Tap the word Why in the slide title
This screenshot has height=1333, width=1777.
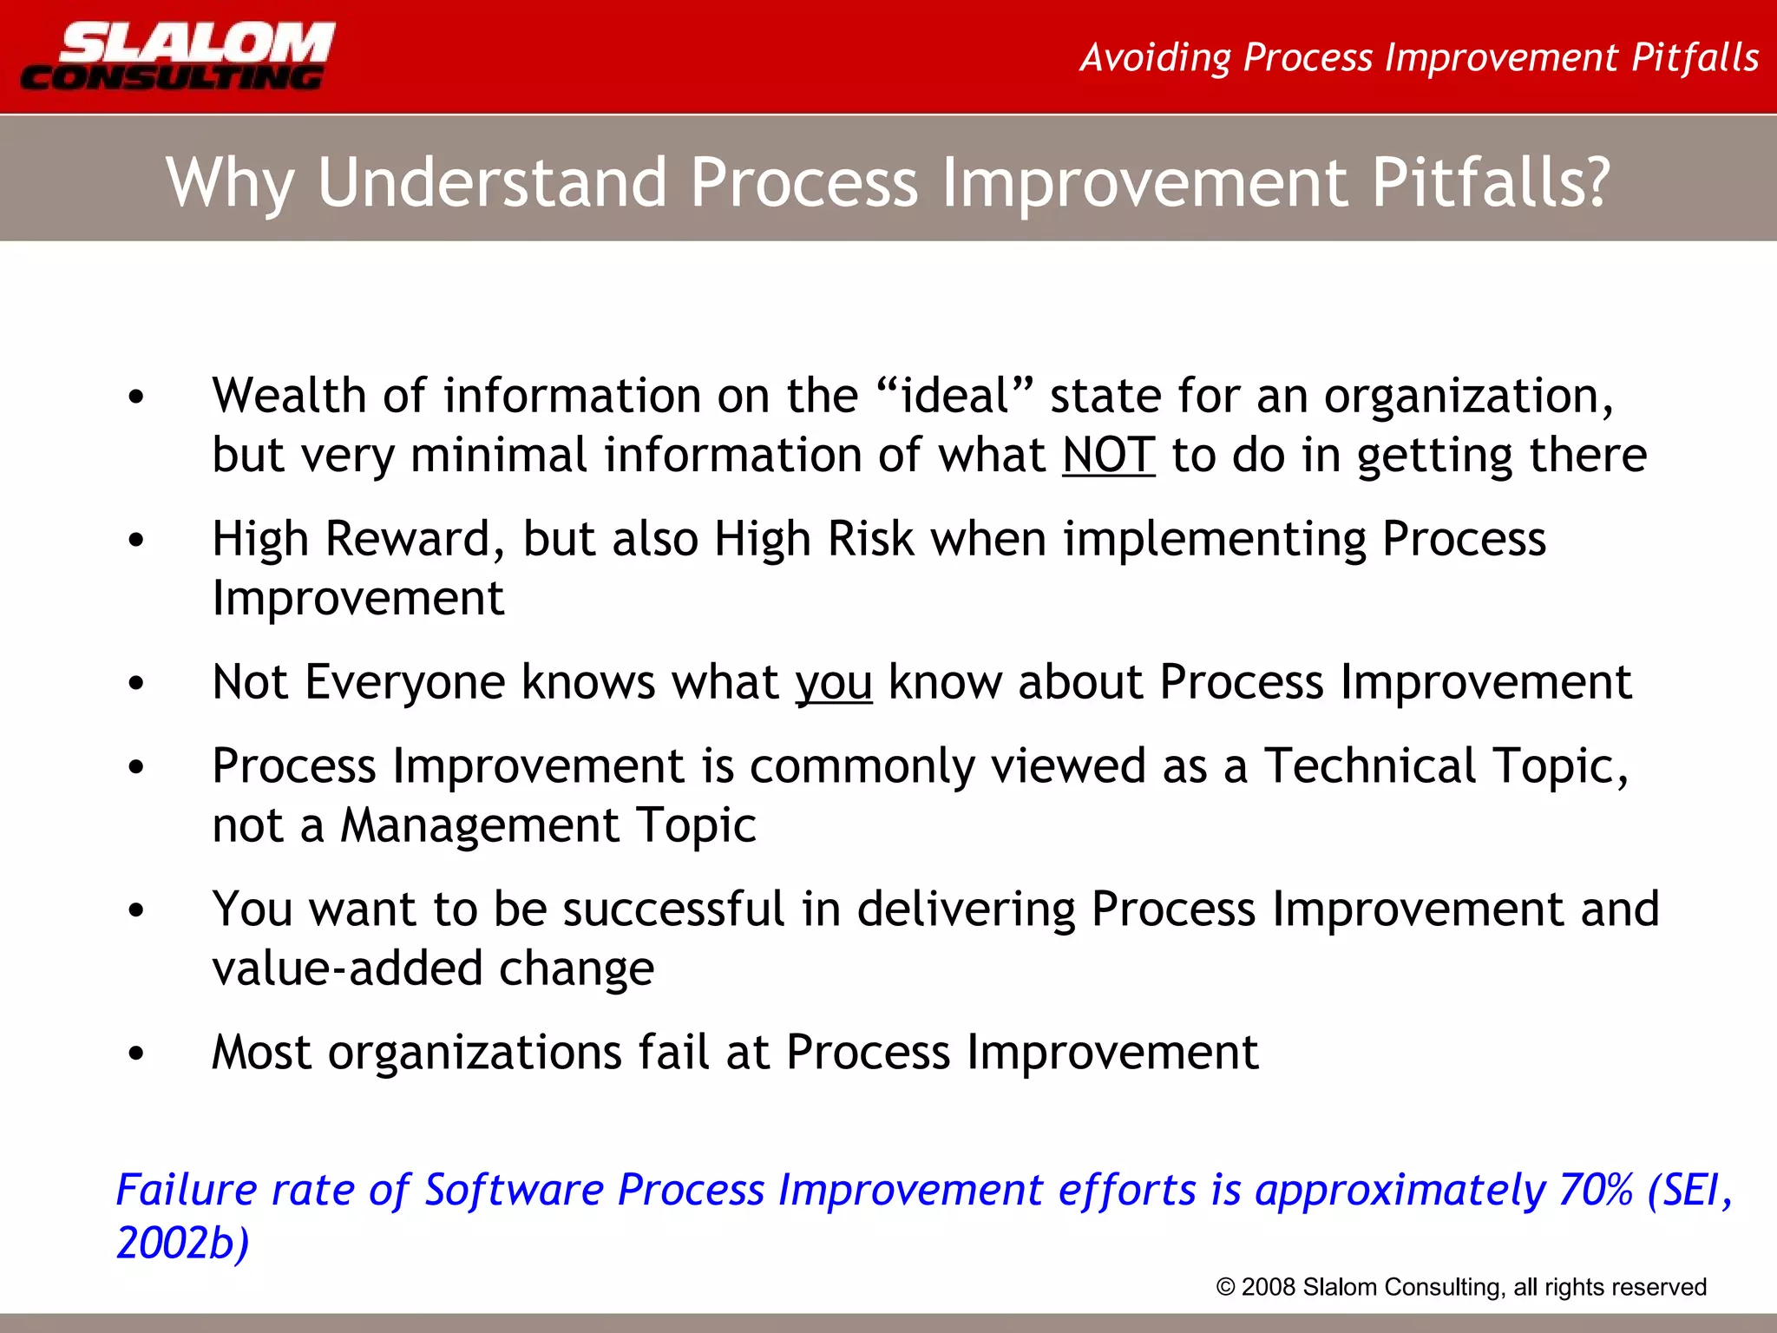(x=230, y=183)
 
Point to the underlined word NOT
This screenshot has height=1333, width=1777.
(x=1108, y=455)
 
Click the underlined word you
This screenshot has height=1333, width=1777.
(x=834, y=683)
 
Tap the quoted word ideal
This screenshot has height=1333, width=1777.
(x=954, y=396)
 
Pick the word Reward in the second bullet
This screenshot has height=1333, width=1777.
(x=408, y=539)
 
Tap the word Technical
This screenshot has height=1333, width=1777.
(x=1369, y=766)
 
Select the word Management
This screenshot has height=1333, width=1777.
(x=479, y=824)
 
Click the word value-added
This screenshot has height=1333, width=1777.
(x=347, y=969)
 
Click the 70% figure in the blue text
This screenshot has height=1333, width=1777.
(x=1596, y=1190)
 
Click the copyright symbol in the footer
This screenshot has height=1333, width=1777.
(x=1225, y=1287)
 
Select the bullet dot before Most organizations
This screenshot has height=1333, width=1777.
(x=136, y=1054)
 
